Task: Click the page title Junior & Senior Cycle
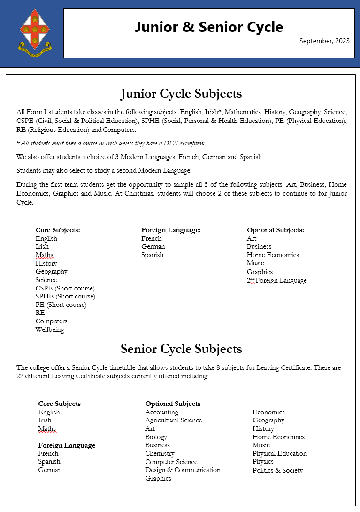tap(208, 27)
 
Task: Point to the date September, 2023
tap(324, 41)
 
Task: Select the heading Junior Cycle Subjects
tap(181, 93)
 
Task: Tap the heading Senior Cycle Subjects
tap(181, 349)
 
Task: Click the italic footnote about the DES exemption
tap(111, 143)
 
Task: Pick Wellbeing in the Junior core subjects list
tap(50, 329)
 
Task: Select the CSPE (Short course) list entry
tap(65, 288)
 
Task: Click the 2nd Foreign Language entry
tap(276, 280)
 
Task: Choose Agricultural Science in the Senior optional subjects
tap(173, 420)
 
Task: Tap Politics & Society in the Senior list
tap(277, 470)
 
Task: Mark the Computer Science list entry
tap(171, 462)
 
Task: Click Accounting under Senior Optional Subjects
tap(161, 412)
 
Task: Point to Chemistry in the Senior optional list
tap(160, 453)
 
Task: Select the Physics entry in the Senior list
tap(263, 462)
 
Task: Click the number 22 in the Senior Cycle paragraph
tap(21, 376)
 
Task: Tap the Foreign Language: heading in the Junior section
tap(171, 230)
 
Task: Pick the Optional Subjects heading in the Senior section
tap(173, 404)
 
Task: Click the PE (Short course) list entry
tap(61, 305)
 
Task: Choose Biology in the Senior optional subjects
tap(156, 437)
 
